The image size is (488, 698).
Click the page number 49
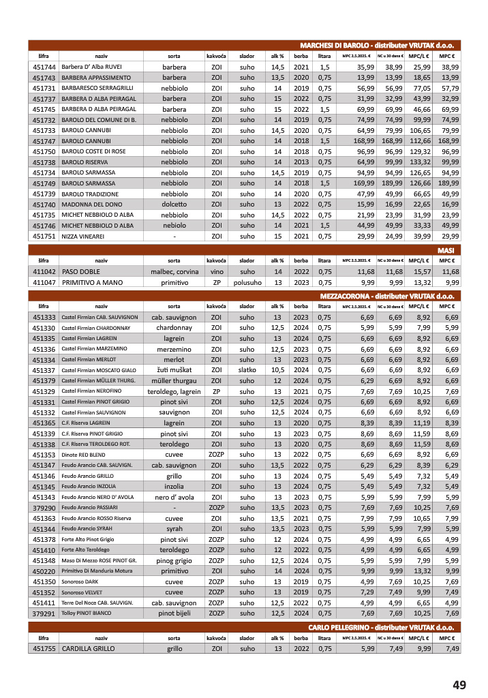click(x=459, y=684)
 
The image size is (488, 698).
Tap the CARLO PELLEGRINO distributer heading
click(x=380, y=626)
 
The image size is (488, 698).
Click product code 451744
click(x=44, y=67)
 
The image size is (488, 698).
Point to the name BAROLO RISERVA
click(x=87, y=162)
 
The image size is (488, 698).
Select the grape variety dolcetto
click(x=174, y=204)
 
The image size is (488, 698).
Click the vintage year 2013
click(x=301, y=162)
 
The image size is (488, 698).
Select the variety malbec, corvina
click(x=174, y=271)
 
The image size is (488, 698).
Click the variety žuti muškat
click(x=174, y=370)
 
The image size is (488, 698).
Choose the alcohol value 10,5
click(x=277, y=370)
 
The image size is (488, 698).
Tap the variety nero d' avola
click(x=174, y=497)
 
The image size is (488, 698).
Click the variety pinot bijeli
click(x=174, y=613)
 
